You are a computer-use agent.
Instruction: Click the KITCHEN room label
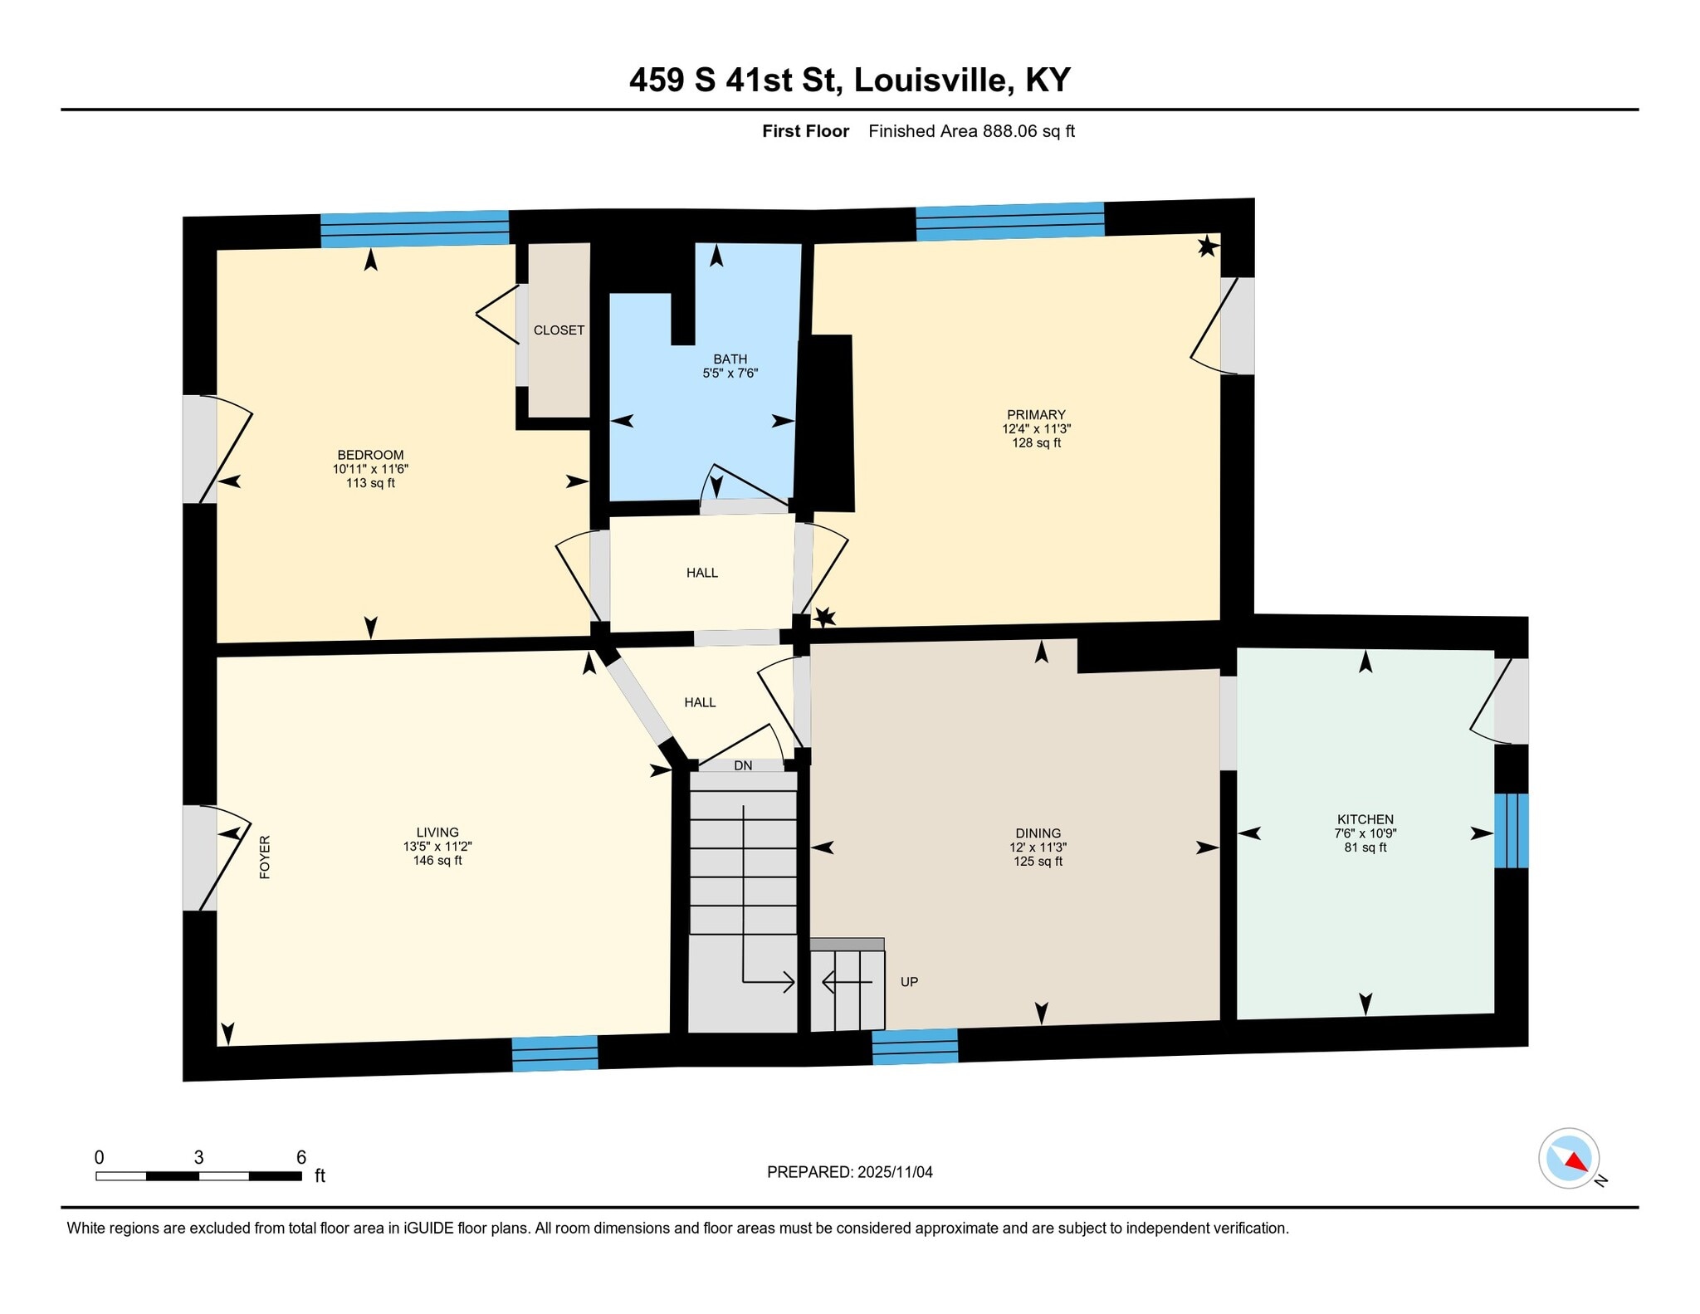[1365, 819]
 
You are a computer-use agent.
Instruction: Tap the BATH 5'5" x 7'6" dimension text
[730, 374]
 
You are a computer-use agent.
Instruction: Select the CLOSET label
[559, 330]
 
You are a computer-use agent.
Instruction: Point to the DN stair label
[743, 765]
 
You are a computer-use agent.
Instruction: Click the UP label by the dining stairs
[909, 982]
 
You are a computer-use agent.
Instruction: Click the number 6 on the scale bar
[301, 1157]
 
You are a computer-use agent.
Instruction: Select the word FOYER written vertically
[266, 857]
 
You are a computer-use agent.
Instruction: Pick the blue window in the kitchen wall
[1511, 831]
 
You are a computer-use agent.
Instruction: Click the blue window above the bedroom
[414, 229]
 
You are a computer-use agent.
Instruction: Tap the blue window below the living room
[554, 1053]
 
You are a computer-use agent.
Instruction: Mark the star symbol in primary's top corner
[1207, 246]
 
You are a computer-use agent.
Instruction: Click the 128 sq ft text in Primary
[1036, 443]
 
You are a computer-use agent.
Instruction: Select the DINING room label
[1038, 833]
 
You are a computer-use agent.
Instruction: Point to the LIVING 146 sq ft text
[437, 861]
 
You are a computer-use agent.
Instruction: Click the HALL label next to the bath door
[701, 573]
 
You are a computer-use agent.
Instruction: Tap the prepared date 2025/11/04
[895, 1172]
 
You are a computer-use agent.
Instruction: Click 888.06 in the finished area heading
[1010, 131]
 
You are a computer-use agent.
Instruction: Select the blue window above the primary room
[1009, 222]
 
